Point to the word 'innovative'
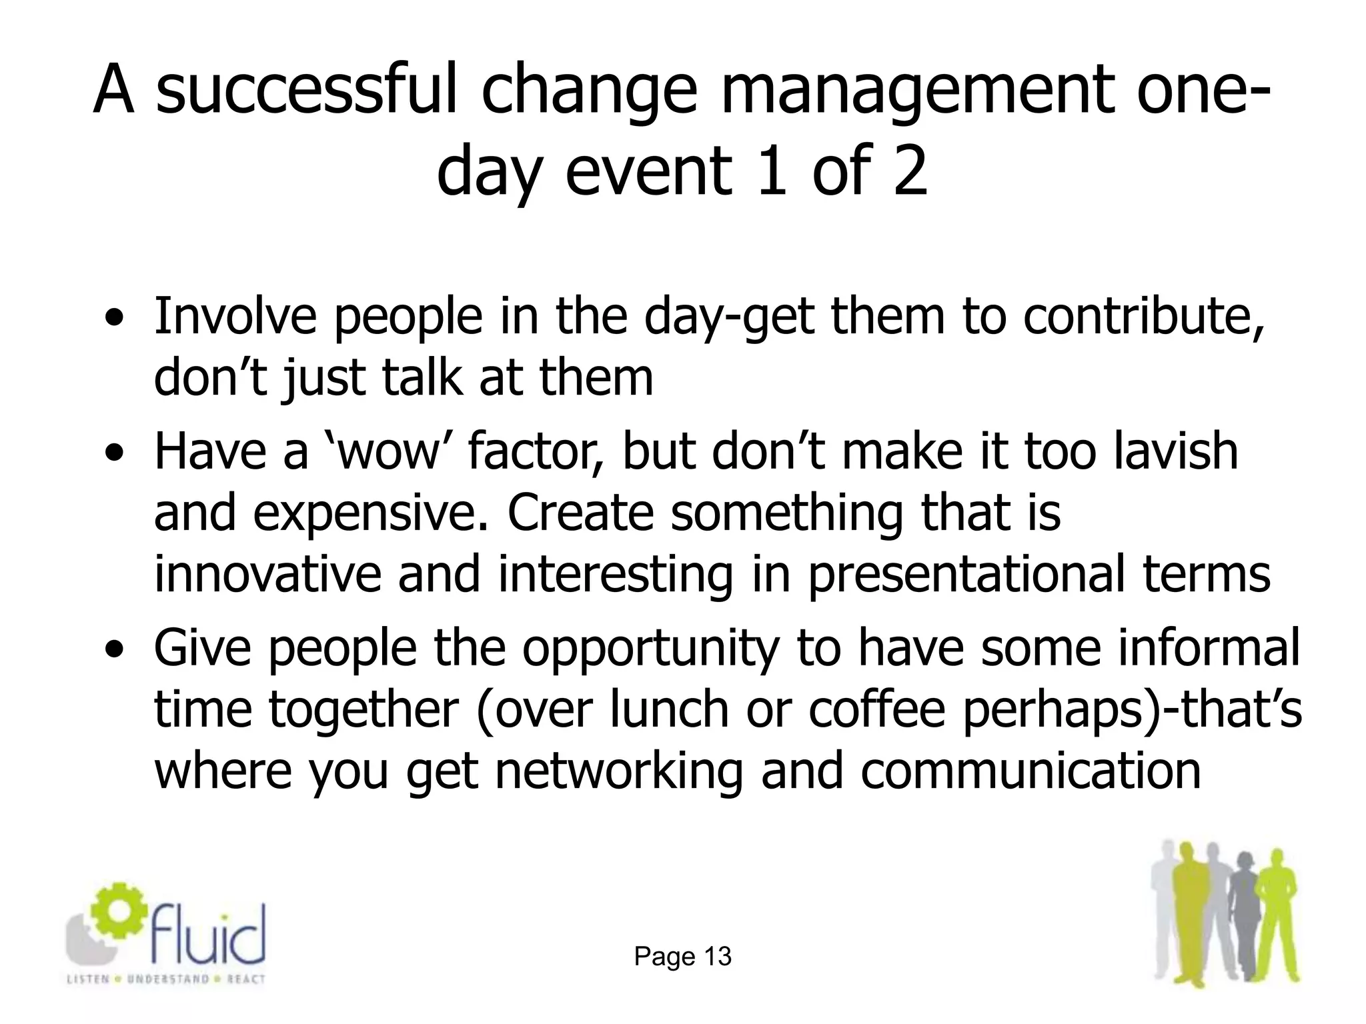click(x=267, y=575)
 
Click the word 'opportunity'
click(x=650, y=649)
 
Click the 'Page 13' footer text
click(x=682, y=957)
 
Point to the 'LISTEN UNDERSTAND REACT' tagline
click(x=166, y=979)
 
